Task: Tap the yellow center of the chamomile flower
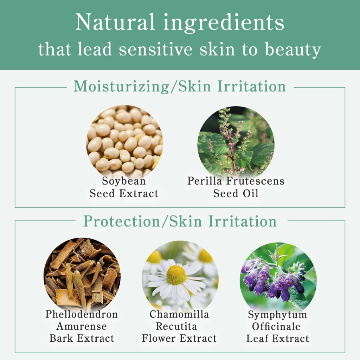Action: (176, 275)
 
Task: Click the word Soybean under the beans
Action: (124, 181)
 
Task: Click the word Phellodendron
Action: (82, 314)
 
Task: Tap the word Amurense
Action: (82, 326)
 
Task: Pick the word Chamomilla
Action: (179, 314)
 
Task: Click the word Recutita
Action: (179, 326)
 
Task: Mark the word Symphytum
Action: (277, 315)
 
